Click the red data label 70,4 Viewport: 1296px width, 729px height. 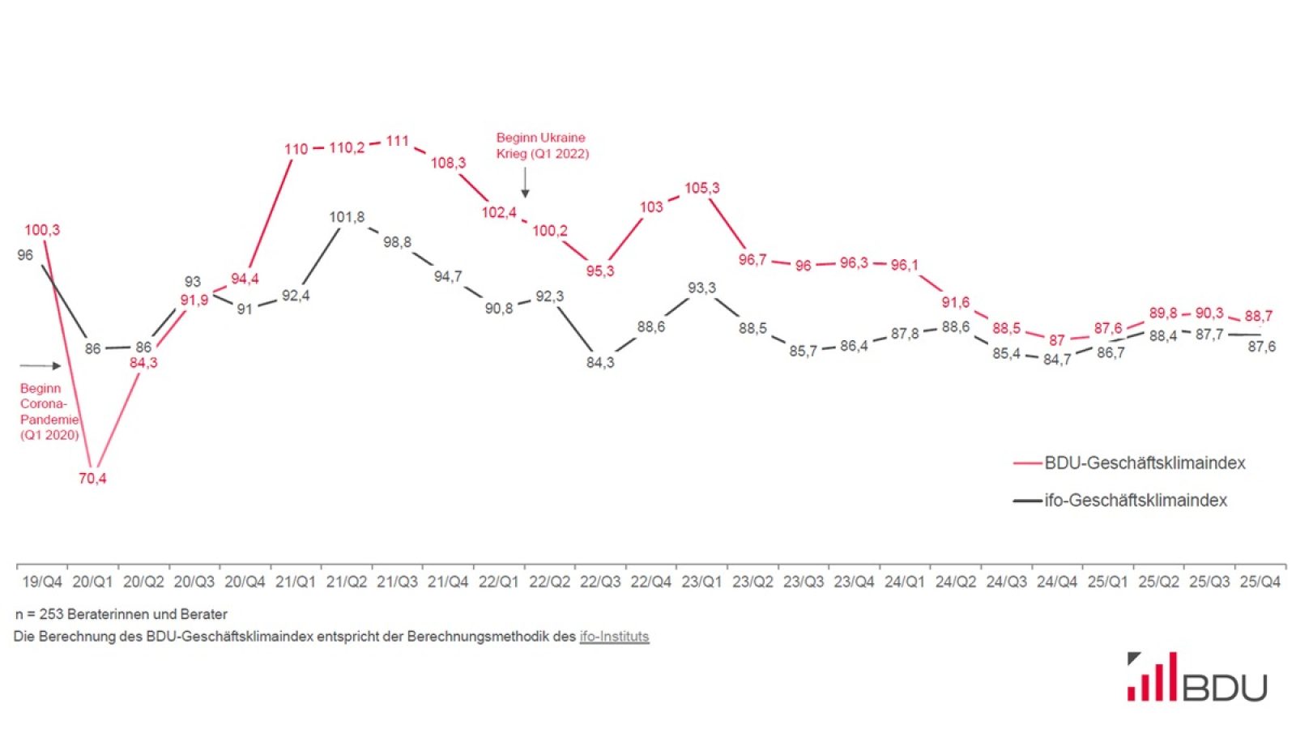coord(92,478)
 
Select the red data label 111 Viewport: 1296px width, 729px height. coord(397,141)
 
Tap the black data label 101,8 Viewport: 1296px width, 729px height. coord(347,217)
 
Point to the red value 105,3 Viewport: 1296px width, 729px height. coord(701,188)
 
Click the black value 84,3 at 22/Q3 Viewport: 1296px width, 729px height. coord(600,362)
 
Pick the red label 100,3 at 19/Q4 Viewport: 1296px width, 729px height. coord(42,230)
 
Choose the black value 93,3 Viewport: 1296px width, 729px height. coord(701,288)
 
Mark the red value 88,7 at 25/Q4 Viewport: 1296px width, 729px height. coord(1258,316)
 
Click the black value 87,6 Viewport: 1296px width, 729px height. coord(1261,346)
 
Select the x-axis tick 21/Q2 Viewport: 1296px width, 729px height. coord(347,582)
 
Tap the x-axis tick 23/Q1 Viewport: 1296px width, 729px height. coord(701,582)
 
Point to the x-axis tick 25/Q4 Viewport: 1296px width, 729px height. coord(1260,582)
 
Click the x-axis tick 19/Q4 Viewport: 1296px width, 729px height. coord(42,582)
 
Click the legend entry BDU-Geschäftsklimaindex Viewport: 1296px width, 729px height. coord(1144,463)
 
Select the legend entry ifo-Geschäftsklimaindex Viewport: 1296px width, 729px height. coord(1135,501)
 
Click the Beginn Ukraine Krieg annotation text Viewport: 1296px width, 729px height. coord(542,146)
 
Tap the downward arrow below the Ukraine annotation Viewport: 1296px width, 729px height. coord(525,182)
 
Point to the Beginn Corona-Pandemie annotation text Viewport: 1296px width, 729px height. coord(49,411)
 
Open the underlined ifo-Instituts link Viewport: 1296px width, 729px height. coord(614,637)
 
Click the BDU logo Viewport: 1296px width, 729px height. coord(1196,677)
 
